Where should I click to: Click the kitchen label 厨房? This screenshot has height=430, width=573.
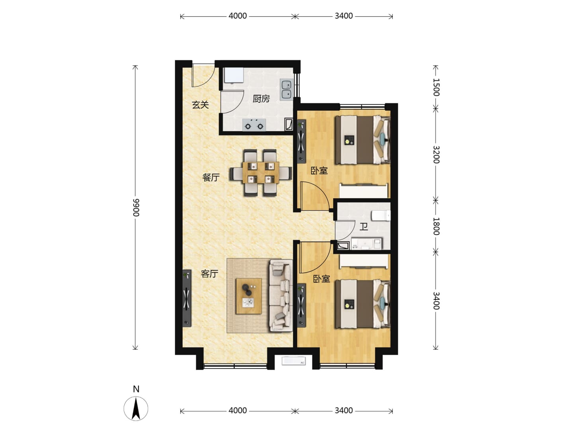point(261,99)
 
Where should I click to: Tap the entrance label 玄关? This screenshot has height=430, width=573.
point(200,105)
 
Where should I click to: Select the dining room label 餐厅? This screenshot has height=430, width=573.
point(211,178)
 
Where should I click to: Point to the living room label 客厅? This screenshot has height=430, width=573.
point(209,274)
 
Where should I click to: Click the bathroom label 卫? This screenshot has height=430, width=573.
point(364,227)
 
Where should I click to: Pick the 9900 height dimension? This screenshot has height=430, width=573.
point(135,207)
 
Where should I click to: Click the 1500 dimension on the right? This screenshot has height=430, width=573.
point(436,87)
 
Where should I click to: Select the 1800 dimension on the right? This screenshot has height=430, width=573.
point(436,226)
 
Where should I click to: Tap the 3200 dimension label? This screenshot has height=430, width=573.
point(436,154)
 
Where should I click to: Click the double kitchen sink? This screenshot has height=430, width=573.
point(286,90)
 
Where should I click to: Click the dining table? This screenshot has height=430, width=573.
point(261,172)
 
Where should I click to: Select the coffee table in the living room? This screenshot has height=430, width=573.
point(249,296)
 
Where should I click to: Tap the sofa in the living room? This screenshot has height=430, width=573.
point(281,295)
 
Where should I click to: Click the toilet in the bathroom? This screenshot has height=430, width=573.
point(381,216)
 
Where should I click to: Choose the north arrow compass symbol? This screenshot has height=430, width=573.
point(136,408)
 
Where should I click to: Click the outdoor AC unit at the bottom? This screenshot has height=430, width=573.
point(293,361)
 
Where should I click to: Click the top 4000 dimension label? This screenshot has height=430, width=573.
point(238,16)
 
